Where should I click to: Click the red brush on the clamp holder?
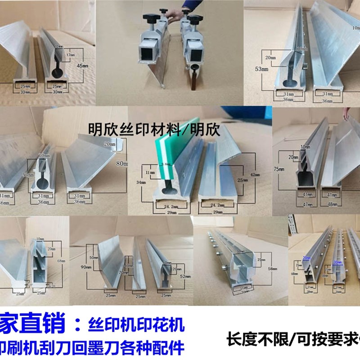(194, 79)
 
